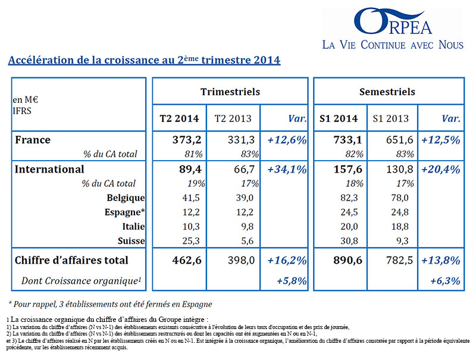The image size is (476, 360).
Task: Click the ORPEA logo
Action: click(x=393, y=21)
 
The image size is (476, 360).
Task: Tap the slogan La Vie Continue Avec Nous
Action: click(x=393, y=45)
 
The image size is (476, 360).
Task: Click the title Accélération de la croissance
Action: click(x=144, y=60)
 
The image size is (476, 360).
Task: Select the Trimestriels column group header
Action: click(x=230, y=92)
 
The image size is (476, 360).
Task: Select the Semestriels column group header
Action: click(x=387, y=92)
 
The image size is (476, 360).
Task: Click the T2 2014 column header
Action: click(x=179, y=118)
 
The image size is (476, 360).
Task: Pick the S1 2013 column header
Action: click(x=391, y=118)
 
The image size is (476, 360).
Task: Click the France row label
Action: click(x=33, y=140)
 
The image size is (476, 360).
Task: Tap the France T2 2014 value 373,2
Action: click(x=187, y=140)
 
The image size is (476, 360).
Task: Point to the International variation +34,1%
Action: click(x=287, y=169)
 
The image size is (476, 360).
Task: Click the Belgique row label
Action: click(x=126, y=198)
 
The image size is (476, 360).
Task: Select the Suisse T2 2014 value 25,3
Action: click(x=191, y=241)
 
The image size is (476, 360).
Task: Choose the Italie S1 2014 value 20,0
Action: click(x=349, y=227)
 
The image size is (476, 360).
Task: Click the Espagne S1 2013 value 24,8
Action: click(x=400, y=212)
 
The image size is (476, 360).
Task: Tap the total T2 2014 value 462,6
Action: click(x=187, y=260)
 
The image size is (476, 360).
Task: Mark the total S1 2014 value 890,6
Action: click(x=347, y=260)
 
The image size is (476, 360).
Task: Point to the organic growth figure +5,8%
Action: click(x=292, y=281)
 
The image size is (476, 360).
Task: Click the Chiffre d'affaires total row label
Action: click(x=71, y=260)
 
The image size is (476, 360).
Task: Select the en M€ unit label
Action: click(x=25, y=99)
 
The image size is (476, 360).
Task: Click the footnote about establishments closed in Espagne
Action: click(x=111, y=304)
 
